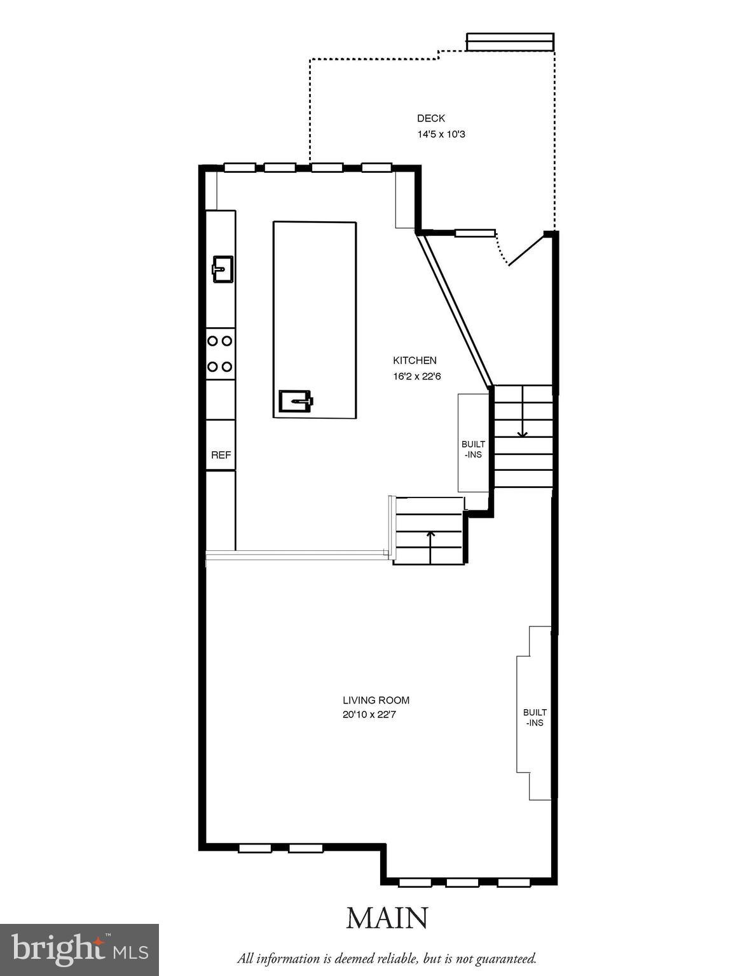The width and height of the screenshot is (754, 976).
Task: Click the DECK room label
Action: pos(430,118)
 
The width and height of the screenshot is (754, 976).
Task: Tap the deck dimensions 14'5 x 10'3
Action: pos(441,135)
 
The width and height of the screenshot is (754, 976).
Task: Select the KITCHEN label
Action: pos(415,360)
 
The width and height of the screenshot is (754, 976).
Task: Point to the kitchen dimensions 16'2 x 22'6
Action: pos(416,376)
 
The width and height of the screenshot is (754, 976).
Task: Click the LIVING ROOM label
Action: pos(376,700)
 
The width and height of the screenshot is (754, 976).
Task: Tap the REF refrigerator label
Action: pos(221,455)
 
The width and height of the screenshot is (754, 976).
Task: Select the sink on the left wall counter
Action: pos(222,269)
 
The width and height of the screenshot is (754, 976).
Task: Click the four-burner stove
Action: pos(221,354)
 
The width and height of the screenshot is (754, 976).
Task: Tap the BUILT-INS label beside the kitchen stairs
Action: pos(473,449)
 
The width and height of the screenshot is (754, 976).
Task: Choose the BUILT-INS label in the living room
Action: pos(535,717)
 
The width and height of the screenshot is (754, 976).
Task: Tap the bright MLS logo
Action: pos(79,949)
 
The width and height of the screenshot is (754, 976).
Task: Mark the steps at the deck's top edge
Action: pos(510,42)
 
